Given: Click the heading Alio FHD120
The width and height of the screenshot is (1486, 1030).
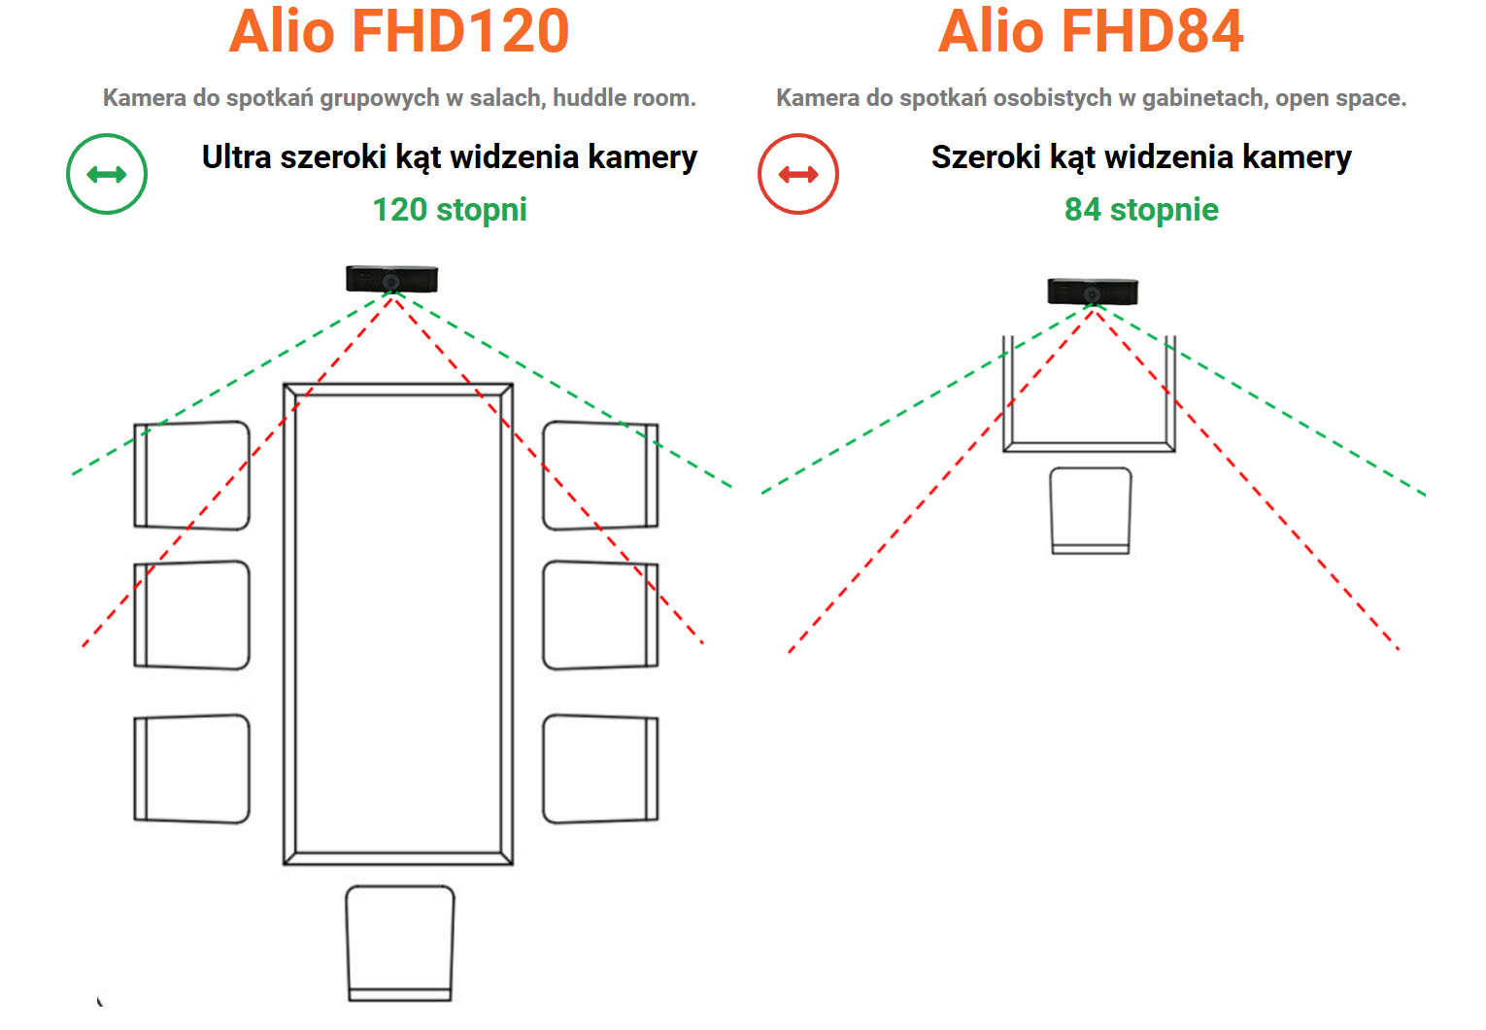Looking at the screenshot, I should (x=398, y=31).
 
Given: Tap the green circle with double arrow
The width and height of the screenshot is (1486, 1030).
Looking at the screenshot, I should (x=107, y=174).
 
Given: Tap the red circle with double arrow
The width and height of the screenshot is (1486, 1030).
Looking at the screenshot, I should (x=798, y=174).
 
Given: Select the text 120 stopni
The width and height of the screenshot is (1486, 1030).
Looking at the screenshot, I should (x=450, y=210).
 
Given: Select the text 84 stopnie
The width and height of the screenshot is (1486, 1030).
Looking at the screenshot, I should (x=1141, y=210).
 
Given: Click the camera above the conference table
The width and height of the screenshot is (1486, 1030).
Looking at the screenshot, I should (x=391, y=279).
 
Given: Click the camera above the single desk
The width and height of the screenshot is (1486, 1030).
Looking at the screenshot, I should (x=1092, y=291).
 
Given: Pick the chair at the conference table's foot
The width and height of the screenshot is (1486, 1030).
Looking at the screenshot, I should (x=399, y=942).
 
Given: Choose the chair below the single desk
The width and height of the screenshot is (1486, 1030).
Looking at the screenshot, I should (x=1091, y=510).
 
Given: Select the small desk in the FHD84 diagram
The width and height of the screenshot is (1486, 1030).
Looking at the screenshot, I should (x=1089, y=398).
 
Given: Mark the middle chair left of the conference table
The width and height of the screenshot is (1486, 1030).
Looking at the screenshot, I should (x=191, y=614).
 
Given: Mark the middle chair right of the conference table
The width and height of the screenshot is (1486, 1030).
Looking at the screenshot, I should (x=600, y=614).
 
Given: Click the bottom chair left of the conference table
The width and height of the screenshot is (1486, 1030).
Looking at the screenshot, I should (x=191, y=769).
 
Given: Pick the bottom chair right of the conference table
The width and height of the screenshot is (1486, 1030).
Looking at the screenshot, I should (x=600, y=769).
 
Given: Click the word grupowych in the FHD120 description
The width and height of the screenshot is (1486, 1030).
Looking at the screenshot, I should (x=380, y=98).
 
